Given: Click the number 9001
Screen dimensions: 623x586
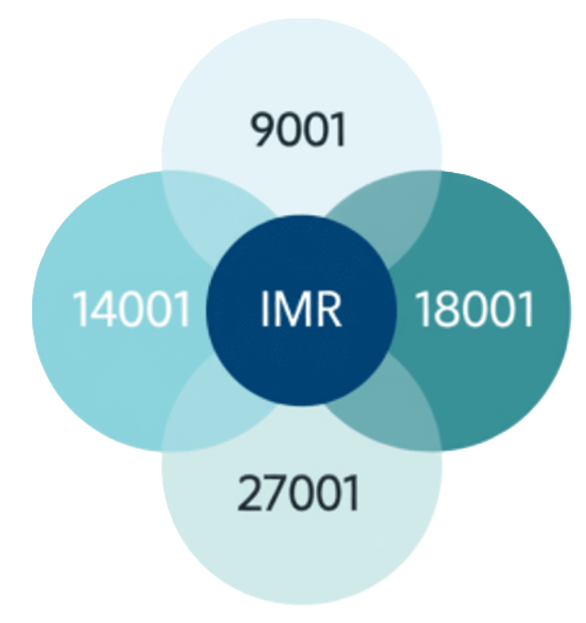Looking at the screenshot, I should pos(298,130).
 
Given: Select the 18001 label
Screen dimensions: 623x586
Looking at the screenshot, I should pos(475,310).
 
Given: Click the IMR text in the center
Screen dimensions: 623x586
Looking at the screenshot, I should pos(301,310).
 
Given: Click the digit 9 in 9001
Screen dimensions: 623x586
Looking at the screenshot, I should pos(262,130).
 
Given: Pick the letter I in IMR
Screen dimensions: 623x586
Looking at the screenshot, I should pos(265,310).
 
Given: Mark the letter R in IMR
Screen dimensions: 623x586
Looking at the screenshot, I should pos(328,310).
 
